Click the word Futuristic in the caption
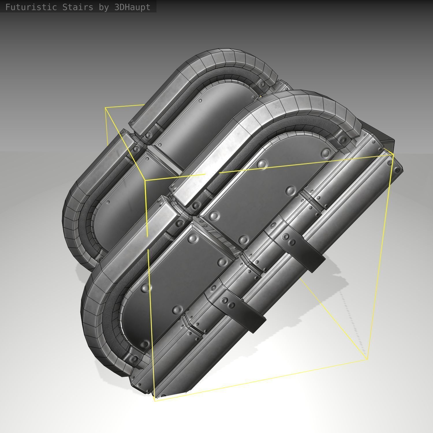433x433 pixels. pyautogui.click(x=31, y=7)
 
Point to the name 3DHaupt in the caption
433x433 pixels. pyautogui.click(x=132, y=7)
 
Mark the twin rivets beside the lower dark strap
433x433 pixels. pyautogui.click(x=227, y=303)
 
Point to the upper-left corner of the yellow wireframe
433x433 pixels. pyautogui.click(x=106, y=108)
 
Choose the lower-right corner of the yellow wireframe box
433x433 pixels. pyautogui.click(x=367, y=359)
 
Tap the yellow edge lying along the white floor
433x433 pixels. pyautogui.click(x=260, y=380)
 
